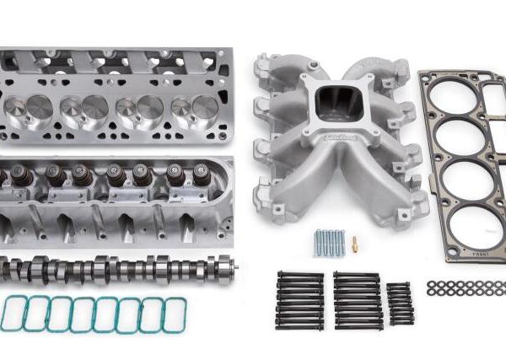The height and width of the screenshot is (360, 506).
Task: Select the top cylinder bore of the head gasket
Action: pos(462,101)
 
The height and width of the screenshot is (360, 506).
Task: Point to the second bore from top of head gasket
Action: pos(466,143)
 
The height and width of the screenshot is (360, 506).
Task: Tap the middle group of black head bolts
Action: pos(357,301)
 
